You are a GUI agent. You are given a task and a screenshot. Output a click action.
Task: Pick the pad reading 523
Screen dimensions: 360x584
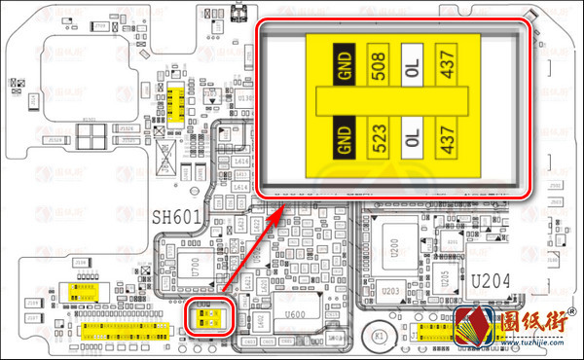coord(379,138)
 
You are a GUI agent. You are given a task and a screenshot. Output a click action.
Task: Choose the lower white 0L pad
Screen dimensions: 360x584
coord(413,138)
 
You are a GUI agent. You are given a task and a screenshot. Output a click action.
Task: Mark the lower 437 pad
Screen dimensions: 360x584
coord(447,138)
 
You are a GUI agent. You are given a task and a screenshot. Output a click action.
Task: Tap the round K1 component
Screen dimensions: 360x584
coord(381,336)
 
